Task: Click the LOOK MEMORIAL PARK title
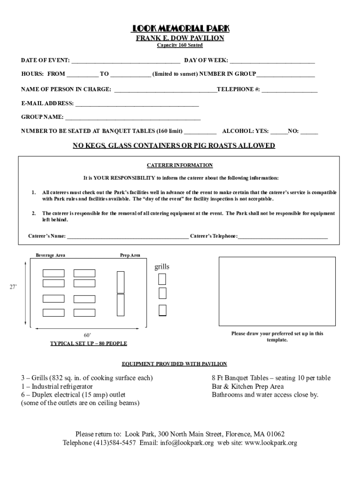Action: tap(180, 29)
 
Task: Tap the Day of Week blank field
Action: tap(272, 61)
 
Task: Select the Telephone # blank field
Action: tap(289, 90)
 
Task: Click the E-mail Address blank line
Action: tap(137, 104)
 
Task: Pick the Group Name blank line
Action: tap(133, 118)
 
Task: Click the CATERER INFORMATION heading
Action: tap(180, 166)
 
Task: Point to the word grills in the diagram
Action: tap(162, 267)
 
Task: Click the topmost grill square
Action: tap(162, 279)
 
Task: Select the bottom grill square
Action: tap(162, 310)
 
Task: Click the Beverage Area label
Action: tap(50, 255)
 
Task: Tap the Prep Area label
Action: tap(130, 255)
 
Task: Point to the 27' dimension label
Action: tap(14, 287)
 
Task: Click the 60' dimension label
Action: tap(87, 335)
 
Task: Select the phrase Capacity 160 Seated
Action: tap(180, 45)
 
